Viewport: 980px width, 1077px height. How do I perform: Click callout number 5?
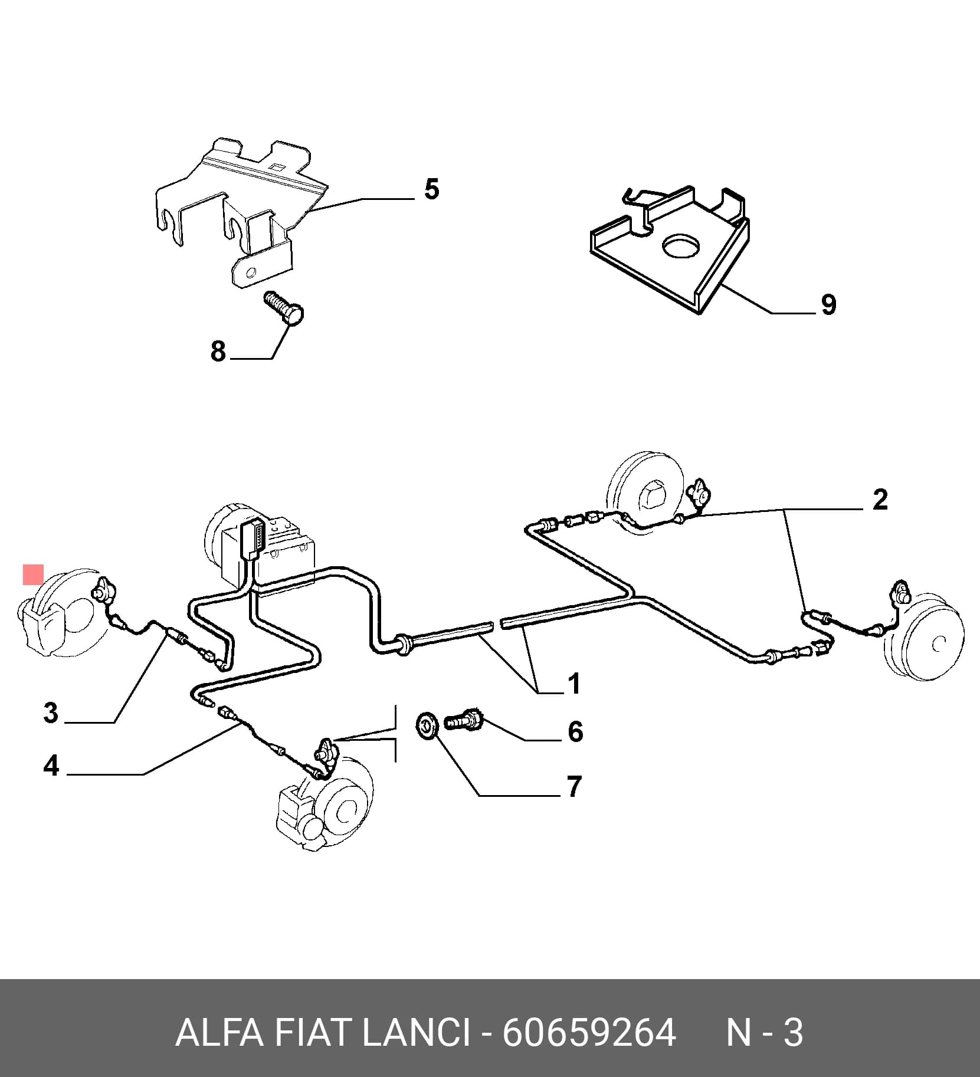coord(432,190)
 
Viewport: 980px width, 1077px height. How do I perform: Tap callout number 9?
coord(828,305)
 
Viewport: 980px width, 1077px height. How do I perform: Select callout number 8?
coord(218,352)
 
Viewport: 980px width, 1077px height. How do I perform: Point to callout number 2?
coord(880,500)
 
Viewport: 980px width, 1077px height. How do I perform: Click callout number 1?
coord(573,684)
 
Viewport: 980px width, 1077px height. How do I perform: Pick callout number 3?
coord(51,712)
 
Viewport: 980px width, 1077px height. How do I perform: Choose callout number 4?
coord(51,766)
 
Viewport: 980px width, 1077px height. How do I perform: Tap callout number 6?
coord(575,731)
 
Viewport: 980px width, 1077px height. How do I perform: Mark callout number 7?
coord(575,786)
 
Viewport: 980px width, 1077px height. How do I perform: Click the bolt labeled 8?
coord(284,308)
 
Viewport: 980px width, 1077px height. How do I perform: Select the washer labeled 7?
coord(426,725)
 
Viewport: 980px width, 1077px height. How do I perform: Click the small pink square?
coord(33,574)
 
